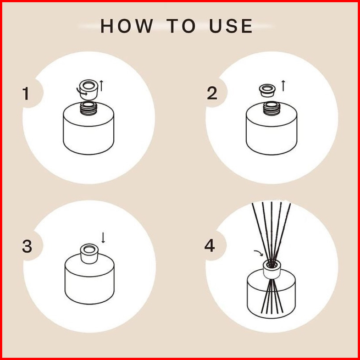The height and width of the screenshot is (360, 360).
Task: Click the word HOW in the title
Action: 127,26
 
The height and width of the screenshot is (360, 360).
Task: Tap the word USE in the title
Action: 231,26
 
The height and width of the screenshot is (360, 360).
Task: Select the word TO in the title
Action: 181,26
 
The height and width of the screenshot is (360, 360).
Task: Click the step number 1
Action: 26,93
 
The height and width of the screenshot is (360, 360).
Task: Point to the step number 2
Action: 212,93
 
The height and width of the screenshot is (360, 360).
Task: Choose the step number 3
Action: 27,246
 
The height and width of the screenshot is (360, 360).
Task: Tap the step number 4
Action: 210,246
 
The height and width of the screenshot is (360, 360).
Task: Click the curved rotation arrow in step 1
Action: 81,92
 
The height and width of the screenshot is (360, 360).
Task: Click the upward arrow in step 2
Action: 283,85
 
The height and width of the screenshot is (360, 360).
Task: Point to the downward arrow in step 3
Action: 103,237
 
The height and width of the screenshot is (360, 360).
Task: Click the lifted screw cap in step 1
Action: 88,90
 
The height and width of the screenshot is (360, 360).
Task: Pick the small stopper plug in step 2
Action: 267,91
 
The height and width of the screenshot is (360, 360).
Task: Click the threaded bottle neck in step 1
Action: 88,108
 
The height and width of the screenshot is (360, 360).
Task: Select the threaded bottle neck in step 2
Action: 272,108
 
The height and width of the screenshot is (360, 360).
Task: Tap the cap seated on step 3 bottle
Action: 89,254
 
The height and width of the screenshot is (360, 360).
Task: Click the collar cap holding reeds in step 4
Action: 272,269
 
